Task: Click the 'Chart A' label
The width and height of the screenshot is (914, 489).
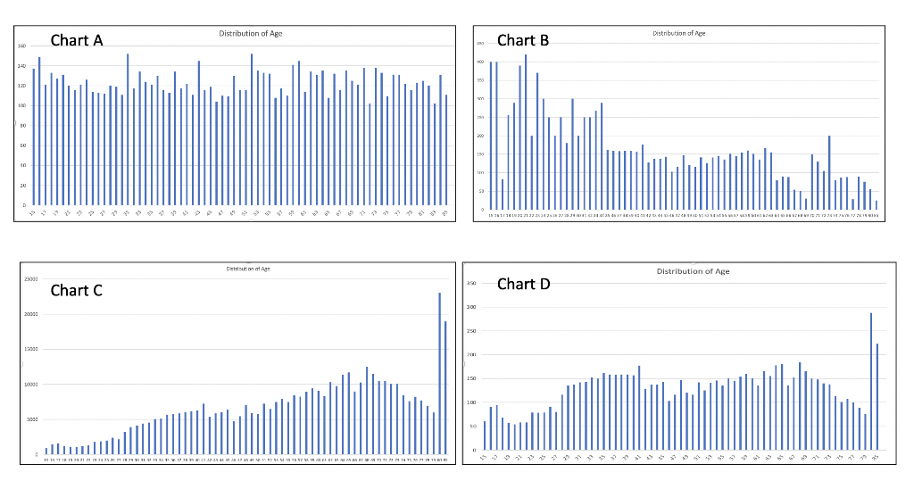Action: (x=77, y=40)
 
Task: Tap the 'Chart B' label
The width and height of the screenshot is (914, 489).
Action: (x=523, y=40)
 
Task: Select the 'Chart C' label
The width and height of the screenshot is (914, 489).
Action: (x=76, y=290)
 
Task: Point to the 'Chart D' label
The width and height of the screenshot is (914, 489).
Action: (x=523, y=284)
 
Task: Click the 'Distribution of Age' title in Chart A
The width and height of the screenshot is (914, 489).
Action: (x=251, y=33)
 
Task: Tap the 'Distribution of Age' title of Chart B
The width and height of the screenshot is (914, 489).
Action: (x=678, y=33)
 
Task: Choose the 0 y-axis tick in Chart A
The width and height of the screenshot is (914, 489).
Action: (x=23, y=205)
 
